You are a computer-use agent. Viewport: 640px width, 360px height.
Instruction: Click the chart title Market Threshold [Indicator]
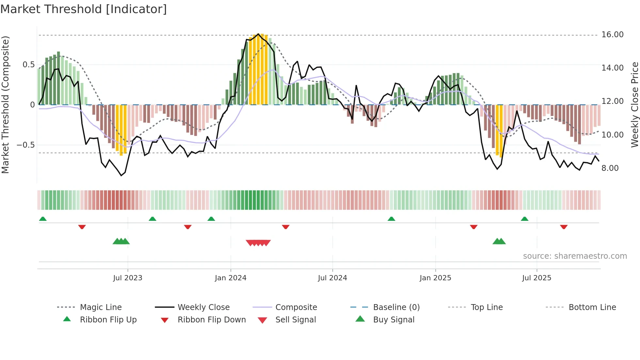[84, 9]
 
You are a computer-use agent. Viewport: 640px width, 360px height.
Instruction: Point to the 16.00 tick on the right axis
[612, 35]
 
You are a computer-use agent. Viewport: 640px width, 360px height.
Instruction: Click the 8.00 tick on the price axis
[610, 168]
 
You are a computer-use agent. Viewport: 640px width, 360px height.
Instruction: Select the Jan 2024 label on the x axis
[231, 278]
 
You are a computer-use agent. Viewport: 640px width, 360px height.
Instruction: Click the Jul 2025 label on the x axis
[536, 278]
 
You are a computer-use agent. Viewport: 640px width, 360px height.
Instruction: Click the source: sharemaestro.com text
[575, 256]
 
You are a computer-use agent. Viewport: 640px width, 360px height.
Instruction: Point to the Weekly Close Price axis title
[634, 105]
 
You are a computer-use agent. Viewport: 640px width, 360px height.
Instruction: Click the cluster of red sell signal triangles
[258, 243]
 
